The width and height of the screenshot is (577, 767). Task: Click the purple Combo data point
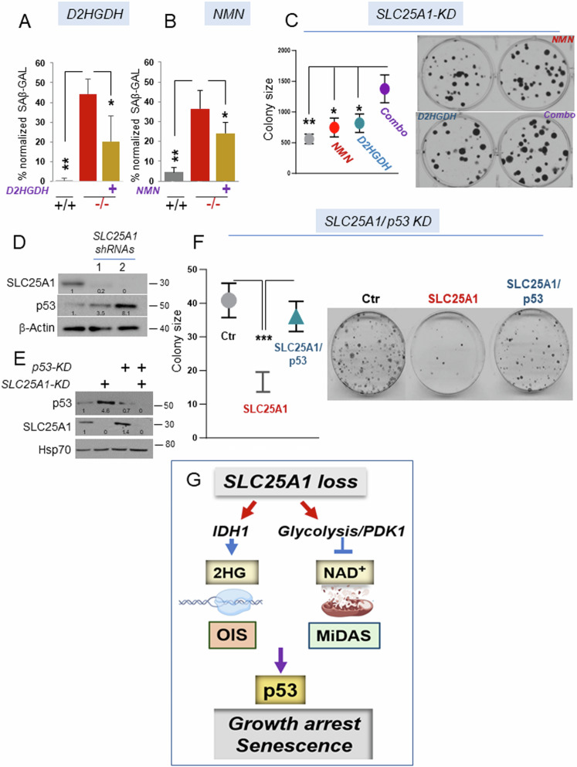[x=384, y=89]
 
